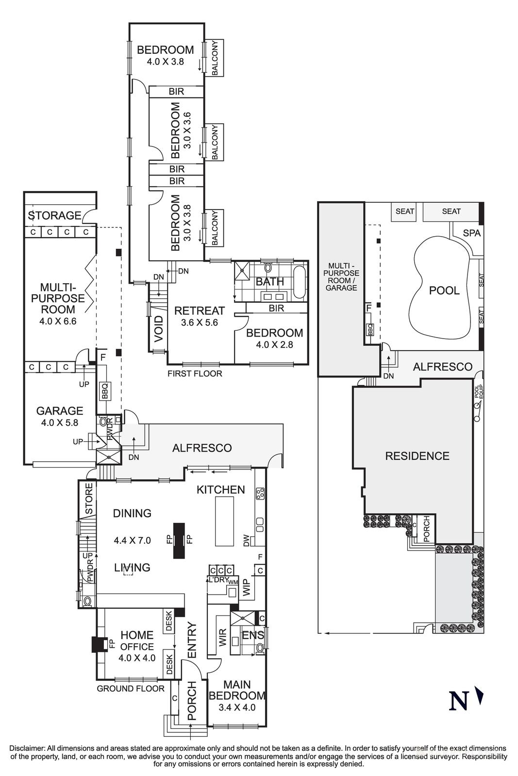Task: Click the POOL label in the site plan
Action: click(444, 291)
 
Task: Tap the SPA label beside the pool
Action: click(471, 233)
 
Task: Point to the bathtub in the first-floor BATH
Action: click(300, 281)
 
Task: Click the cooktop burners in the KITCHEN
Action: click(260, 493)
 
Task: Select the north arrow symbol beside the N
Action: click(480, 695)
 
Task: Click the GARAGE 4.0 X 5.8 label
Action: click(60, 416)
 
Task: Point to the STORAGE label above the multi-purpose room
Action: click(54, 215)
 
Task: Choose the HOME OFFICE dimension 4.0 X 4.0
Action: click(137, 658)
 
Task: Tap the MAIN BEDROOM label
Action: click(237, 695)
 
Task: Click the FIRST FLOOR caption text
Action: click(195, 373)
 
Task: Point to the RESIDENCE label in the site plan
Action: click(417, 456)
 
